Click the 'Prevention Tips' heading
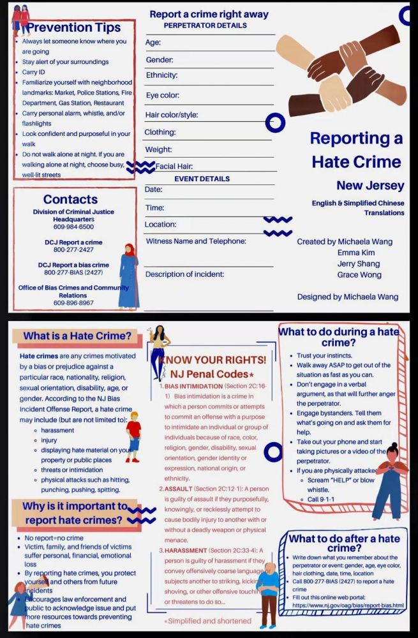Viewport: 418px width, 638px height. click(73, 27)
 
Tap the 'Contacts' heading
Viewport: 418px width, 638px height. click(70, 199)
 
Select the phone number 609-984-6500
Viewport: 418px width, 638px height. click(73, 226)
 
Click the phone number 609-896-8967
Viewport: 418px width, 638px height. click(73, 302)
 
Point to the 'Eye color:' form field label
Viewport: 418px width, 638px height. click(161, 95)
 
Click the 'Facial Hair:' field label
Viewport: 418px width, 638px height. click(174, 167)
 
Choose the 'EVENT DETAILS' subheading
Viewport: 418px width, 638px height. click(202, 179)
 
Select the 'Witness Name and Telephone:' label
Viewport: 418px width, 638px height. click(196, 241)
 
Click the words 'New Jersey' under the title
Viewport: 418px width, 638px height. click(370, 186)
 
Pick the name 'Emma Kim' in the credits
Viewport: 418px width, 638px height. click(356, 253)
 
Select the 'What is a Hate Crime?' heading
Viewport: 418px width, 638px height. click(77, 336)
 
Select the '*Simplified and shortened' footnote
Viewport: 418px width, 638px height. click(207, 621)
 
